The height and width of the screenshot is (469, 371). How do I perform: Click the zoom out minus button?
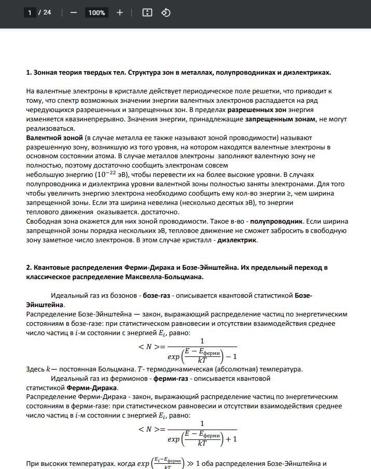point(73,12)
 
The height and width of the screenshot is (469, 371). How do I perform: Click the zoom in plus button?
point(120,12)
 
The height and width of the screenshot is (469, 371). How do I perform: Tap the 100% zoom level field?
point(97,12)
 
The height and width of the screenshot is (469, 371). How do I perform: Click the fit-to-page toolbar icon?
point(147,12)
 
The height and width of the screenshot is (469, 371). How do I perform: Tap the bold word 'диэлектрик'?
point(237,240)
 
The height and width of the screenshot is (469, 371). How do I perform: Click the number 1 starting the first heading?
point(28,72)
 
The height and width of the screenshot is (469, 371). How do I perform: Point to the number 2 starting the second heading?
point(28,267)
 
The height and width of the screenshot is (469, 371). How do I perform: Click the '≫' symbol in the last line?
point(191,463)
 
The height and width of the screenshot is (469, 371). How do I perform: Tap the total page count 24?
point(47,12)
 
